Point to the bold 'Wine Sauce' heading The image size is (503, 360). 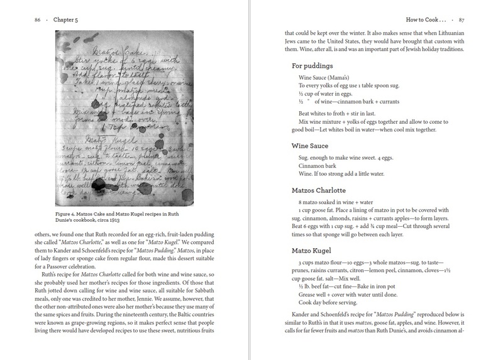pyautogui.click(x=312, y=145)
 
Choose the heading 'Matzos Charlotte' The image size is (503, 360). pyautogui.click(x=323, y=189)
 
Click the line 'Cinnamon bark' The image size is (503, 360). pyautogui.click(x=319, y=165)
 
